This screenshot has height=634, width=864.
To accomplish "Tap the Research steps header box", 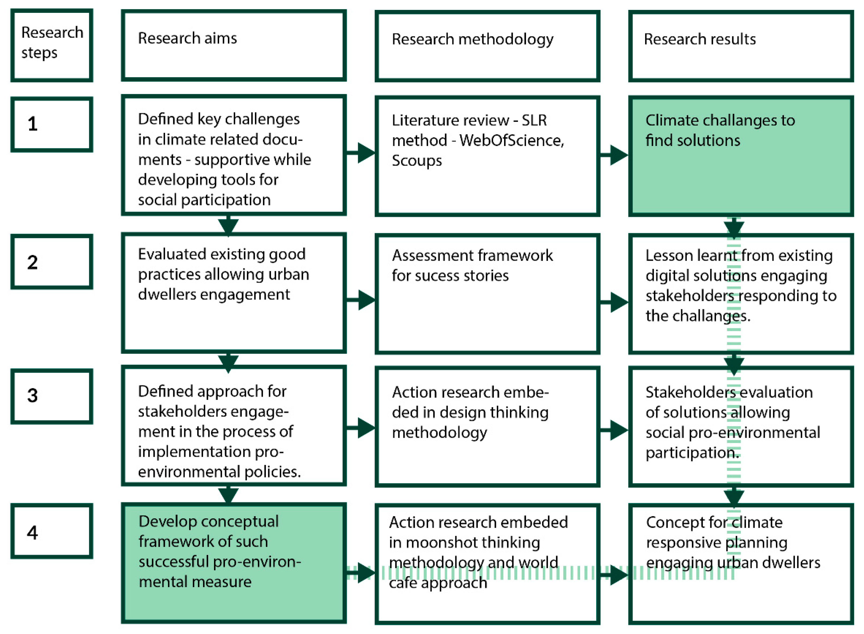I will pyautogui.click(x=52, y=45).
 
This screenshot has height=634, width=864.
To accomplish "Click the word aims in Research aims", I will pyautogui.click(x=220, y=38).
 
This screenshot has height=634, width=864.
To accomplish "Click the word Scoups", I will pyautogui.click(x=416, y=161).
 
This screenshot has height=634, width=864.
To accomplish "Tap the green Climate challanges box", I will pyautogui.click(x=741, y=176).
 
